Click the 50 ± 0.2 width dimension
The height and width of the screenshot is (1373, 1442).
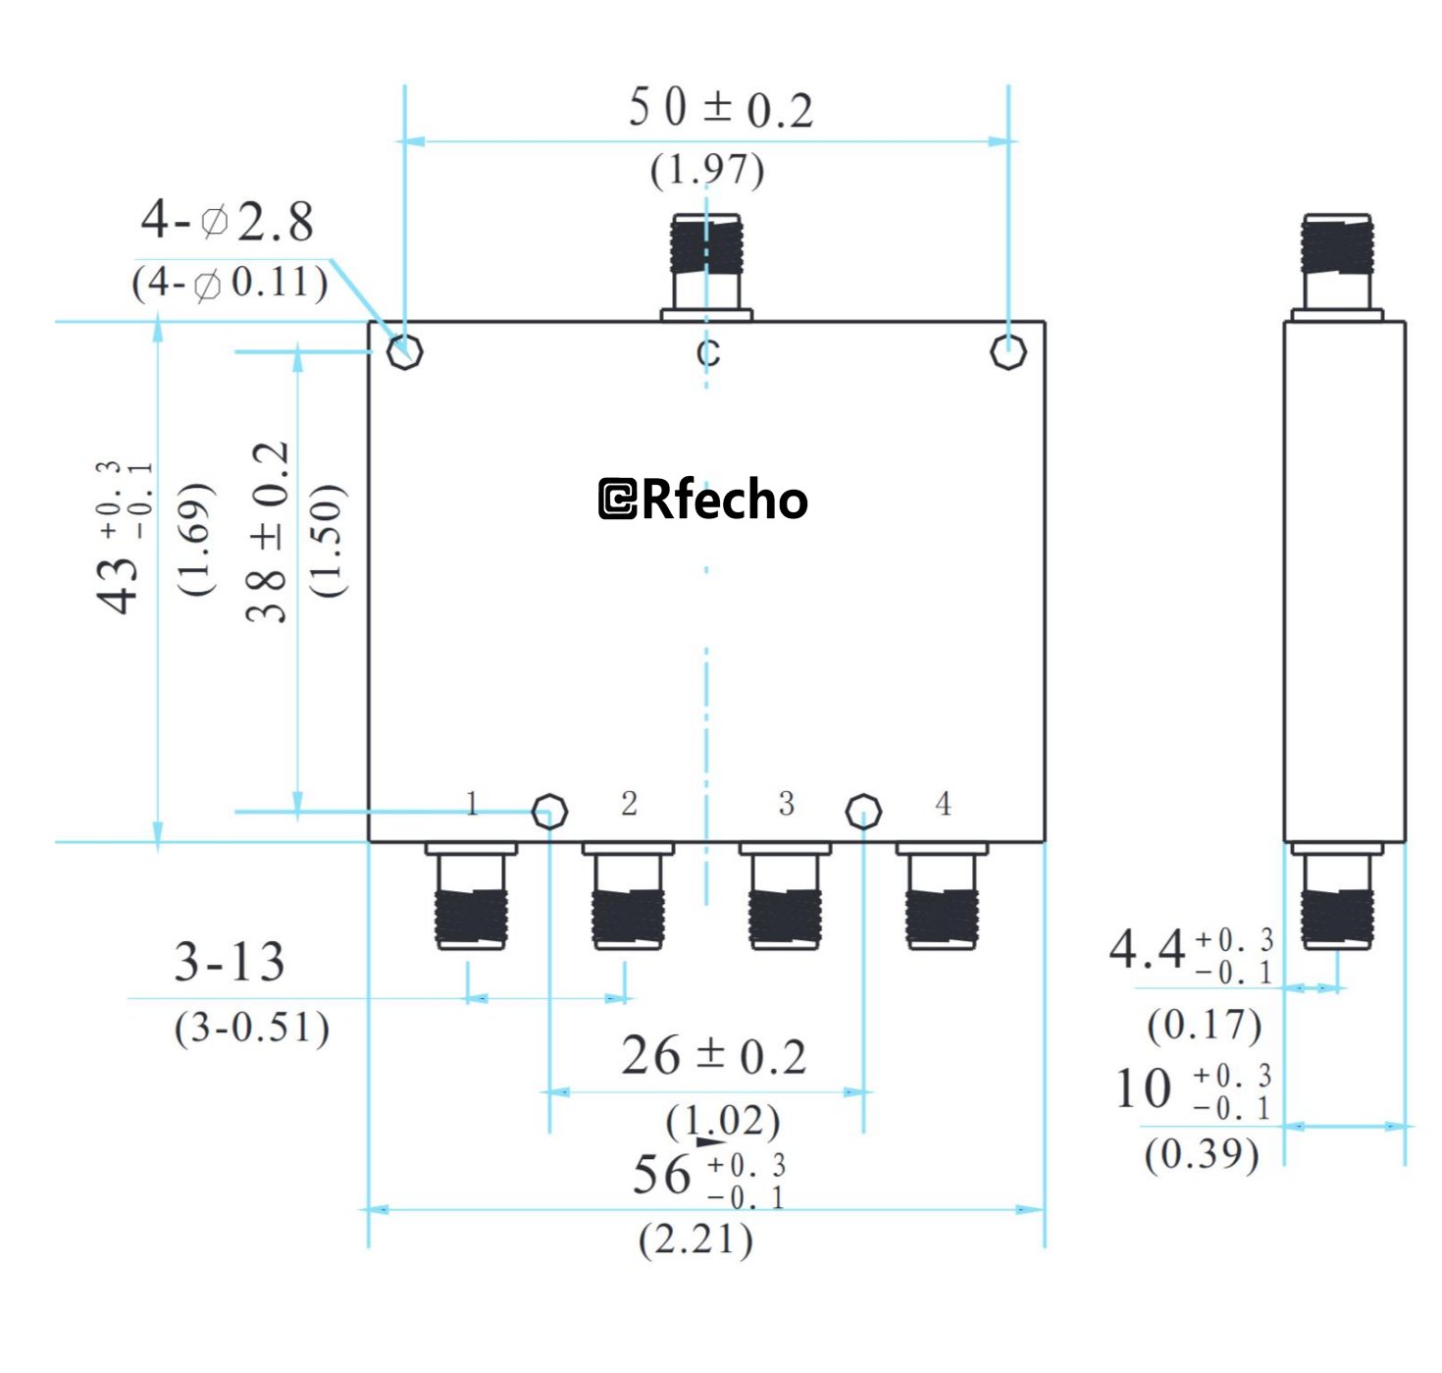tap(721, 108)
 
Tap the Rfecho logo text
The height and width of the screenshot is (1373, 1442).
tap(703, 500)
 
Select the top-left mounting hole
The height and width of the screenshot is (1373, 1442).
tap(404, 351)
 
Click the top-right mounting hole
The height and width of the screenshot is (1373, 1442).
tap(1008, 351)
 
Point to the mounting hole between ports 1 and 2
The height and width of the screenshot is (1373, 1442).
tap(549, 812)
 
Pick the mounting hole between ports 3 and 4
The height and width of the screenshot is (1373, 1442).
tap(863, 812)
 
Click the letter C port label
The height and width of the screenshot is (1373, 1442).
tap(708, 353)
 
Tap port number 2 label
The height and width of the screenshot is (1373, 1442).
tap(629, 804)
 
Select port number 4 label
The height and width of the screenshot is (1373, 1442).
tap(943, 804)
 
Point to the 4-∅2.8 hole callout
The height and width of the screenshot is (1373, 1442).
tap(228, 221)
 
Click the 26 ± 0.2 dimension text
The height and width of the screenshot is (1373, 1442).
tap(714, 1057)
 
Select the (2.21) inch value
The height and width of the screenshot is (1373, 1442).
tap(695, 1240)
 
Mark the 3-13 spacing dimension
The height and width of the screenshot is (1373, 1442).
tap(230, 962)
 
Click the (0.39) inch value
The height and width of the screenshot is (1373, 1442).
tap(1202, 1154)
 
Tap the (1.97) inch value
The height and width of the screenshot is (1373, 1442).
tap(707, 170)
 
